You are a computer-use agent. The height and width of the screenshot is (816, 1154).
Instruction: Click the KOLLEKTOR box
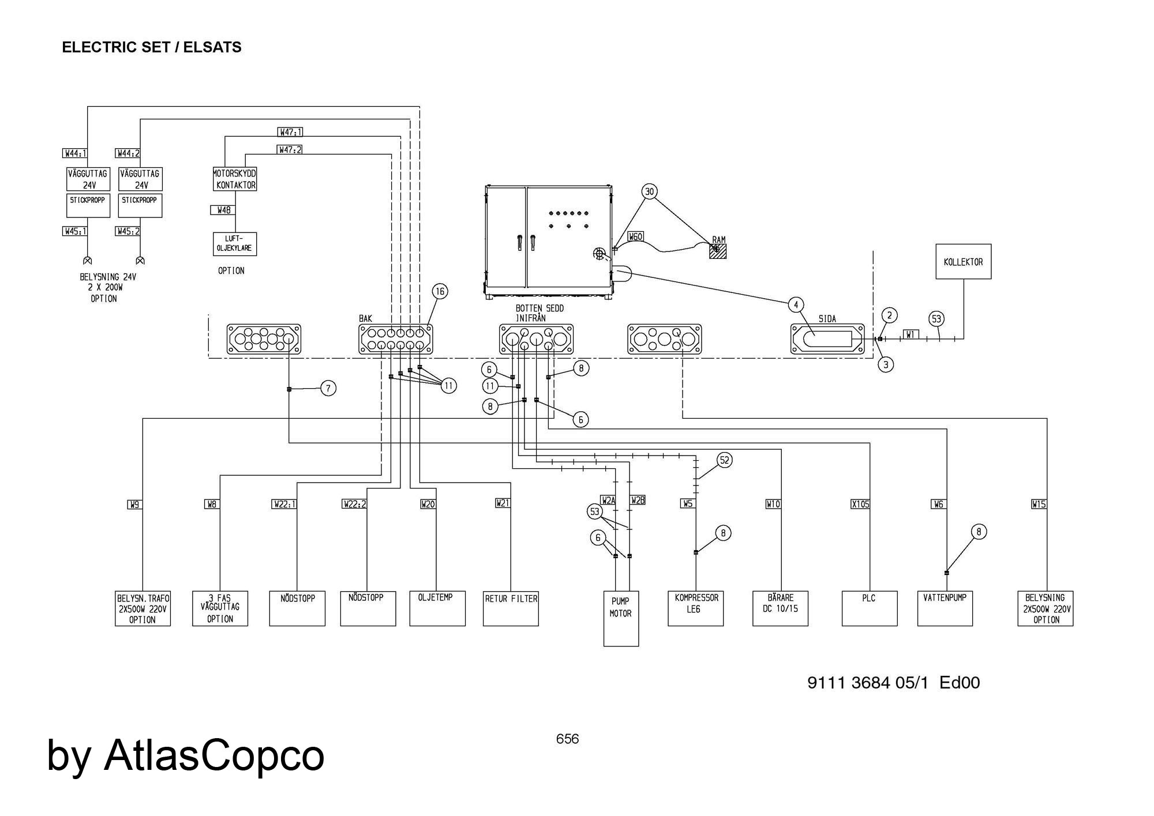[963, 262]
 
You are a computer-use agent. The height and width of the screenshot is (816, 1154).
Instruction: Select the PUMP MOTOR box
[621, 618]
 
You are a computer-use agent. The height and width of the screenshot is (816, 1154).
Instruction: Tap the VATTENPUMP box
[945, 608]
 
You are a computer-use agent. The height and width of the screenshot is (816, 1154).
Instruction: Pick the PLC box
[869, 608]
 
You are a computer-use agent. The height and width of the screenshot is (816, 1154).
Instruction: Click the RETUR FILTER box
[511, 608]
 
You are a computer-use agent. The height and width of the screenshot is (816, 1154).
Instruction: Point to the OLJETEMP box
[437, 608]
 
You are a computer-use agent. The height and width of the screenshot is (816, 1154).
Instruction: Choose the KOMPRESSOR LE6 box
[695, 608]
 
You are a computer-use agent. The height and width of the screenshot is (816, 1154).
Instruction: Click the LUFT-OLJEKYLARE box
[234, 244]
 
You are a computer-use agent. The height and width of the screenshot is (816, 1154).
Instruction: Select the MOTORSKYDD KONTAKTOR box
[234, 179]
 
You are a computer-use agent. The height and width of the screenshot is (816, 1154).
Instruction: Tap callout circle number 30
[650, 191]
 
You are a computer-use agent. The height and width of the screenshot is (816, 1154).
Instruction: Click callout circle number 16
[440, 292]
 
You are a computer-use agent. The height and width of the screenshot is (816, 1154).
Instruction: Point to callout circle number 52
[725, 460]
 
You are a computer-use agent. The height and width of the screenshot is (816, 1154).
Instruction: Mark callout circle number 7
[328, 389]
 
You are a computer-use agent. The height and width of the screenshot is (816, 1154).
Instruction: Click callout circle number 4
[796, 304]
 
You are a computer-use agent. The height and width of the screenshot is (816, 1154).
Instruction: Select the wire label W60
[635, 236]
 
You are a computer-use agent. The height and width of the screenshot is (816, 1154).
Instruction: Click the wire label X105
[860, 505]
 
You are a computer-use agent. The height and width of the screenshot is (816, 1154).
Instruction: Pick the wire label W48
[223, 210]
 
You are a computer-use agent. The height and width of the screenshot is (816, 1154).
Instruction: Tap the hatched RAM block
[718, 251]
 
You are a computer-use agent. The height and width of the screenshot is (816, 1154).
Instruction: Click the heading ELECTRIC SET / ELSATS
[152, 47]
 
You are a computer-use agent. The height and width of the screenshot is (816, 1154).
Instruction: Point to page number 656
[567, 739]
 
